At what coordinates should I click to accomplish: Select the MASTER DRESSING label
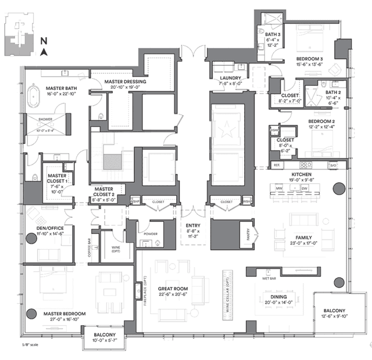click(126, 82)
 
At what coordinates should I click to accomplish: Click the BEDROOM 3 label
click(309, 59)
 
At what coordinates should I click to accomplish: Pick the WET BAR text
click(269, 279)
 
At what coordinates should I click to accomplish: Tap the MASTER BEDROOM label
click(64, 314)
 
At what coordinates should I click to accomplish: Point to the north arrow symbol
click(44, 51)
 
